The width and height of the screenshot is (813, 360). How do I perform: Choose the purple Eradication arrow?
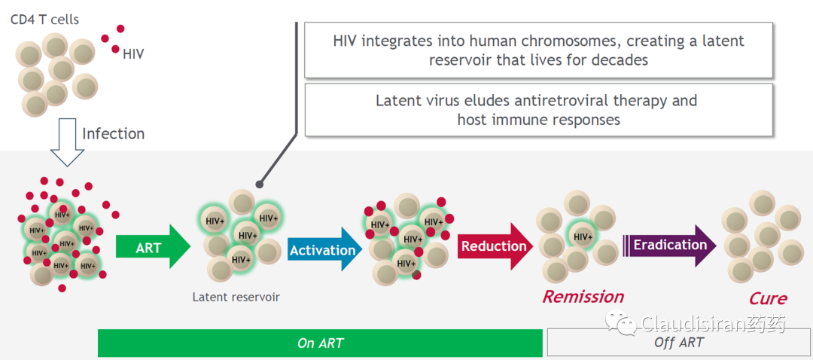coord(669,245)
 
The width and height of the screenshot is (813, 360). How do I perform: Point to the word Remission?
coord(583,296)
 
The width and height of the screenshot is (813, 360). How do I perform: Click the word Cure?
coord(767,298)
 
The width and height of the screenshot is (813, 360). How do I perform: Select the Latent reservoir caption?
coord(236,297)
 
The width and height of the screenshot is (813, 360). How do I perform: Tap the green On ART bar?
coord(320,343)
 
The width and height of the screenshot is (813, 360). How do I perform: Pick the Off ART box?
coord(678,343)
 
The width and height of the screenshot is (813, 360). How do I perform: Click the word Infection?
coord(113,134)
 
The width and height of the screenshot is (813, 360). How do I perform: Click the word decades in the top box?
coord(614,59)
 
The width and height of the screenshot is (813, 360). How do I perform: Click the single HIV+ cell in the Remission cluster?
coord(582,236)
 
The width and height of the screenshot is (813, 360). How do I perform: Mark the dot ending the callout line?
coord(259,183)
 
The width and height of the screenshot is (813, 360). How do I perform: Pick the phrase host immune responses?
coord(538,119)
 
